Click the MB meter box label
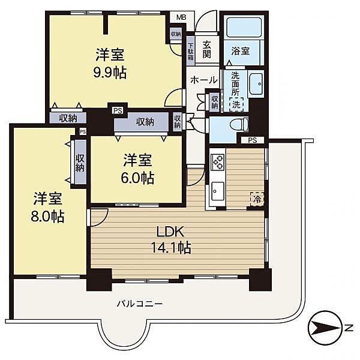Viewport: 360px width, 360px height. click(x=181, y=17)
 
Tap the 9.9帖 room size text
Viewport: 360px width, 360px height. click(x=110, y=73)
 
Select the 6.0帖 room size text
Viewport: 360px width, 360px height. click(x=137, y=178)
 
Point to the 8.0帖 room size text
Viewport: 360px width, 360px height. click(x=47, y=216)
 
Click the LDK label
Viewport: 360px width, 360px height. click(x=170, y=232)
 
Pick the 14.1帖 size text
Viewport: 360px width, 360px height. click(x=171, y=247)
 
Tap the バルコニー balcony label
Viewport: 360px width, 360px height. click(x=140, y=304)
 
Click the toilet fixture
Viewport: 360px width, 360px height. click(x=239, y=125)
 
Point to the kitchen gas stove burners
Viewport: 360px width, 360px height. click(x=217, y=162)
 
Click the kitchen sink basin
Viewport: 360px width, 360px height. click(x=218, y=191)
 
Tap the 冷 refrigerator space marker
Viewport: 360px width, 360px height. click(x=257, y=199)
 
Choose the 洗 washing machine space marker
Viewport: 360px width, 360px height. click(x=236, y=104)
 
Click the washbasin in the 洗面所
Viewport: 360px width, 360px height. click(x=256, y=84)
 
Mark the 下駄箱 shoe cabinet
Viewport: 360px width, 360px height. click(x=191, y=51)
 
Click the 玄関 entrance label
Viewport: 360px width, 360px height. click(x=206, y=49)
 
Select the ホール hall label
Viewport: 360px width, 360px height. click(x=204, y=80)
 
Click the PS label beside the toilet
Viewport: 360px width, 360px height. click(x=253, y=140)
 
